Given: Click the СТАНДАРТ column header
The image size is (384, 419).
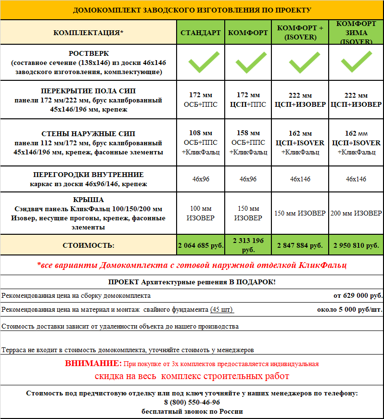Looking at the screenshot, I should (x=200, y=33).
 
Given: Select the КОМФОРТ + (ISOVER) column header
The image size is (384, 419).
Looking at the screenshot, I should (x=301, y=33).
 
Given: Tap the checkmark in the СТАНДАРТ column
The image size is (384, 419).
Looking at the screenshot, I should (x=200, y=63).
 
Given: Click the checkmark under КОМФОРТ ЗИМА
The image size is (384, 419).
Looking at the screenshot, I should (x=356, y=63).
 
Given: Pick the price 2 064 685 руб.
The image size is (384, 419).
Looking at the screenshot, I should (x=200, y=245).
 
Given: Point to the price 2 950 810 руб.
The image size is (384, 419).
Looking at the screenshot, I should (x=356, y=245).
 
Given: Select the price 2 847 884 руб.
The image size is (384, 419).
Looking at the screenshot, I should (x=301, y=245).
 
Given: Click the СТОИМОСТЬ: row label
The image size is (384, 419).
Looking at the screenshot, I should (x=89, y=245).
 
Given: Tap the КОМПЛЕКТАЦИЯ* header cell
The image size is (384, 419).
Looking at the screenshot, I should (x=89, y=33).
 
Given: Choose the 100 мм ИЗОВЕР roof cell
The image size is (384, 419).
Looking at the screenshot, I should (x=200, y=213).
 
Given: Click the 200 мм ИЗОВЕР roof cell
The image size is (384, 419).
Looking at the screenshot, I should (x=356, y=213).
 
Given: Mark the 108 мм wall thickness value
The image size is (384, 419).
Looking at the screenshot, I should (x=200, y=133).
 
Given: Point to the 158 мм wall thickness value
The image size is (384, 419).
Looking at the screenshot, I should (x=248, y=133).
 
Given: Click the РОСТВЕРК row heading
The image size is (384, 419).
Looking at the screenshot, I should (x=89, y=53).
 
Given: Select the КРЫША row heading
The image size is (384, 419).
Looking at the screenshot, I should (x=89, y=199).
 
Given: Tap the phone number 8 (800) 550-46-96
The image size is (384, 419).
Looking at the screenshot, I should (x=192, y=402).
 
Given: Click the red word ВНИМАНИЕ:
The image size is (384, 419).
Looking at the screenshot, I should (x=93, y=364).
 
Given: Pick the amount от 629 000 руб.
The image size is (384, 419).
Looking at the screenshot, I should (x=358, y=295).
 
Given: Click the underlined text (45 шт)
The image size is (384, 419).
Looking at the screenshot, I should (x=222, y=310).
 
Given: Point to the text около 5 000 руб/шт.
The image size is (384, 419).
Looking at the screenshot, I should (x=350, y=310).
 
